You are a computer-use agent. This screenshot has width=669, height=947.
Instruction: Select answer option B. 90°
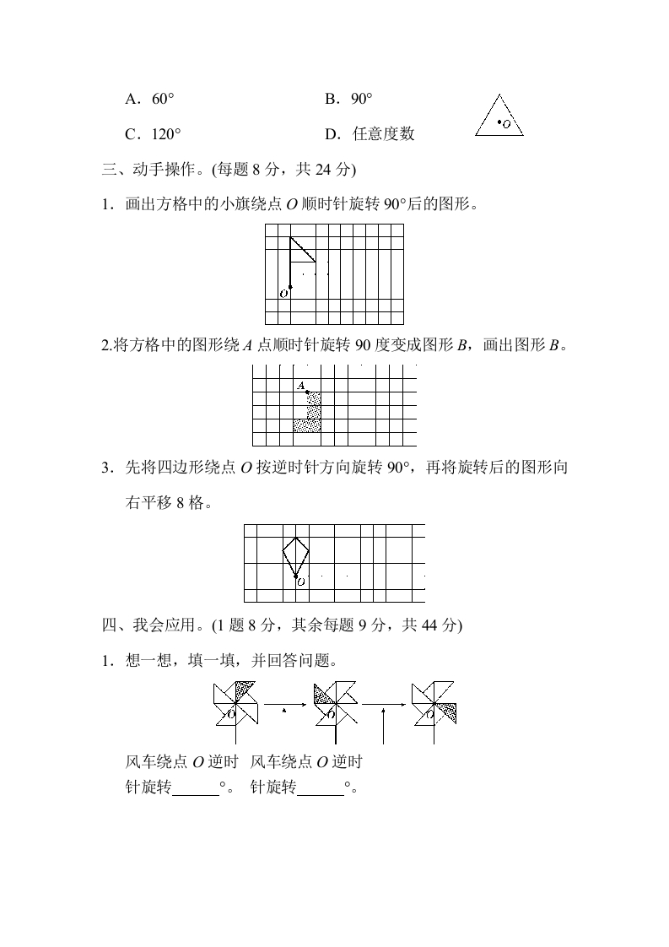(x=348, y=100)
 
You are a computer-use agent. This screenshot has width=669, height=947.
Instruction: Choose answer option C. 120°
(x=153, y=134)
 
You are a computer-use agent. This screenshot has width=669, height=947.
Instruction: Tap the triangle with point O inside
(x=499, y=119)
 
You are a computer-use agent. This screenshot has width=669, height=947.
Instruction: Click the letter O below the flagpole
(x=283, y=294)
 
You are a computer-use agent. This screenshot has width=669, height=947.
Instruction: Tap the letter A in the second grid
(x=300, y=386)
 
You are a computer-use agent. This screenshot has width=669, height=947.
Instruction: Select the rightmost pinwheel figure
(x=434, y=702)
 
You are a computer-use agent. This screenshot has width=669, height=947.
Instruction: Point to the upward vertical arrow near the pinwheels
(x=384, y=725)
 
